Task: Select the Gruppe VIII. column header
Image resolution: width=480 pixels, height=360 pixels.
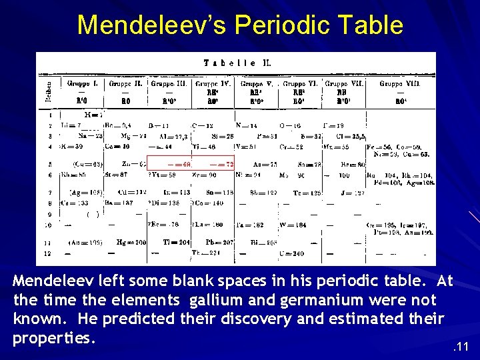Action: coord(399,85)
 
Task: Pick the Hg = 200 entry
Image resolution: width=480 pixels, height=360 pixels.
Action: coord(131,242)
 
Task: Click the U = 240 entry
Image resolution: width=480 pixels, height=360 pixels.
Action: coord(294,253)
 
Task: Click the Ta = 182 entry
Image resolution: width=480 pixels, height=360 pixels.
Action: coord(253,225)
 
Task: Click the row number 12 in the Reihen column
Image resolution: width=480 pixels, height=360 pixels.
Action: coord(47,253)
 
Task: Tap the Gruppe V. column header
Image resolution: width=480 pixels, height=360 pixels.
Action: coord(253,85)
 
